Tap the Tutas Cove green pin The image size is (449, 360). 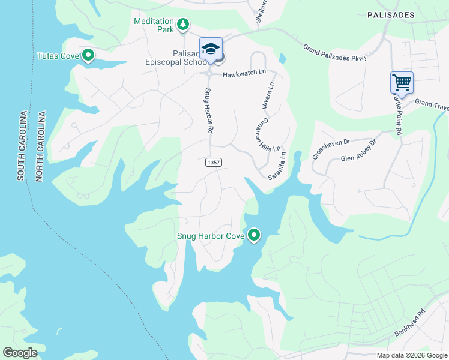pyautogui.click(x=88, y=56)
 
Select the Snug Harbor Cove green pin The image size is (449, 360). pyautogui.click(x=254, y=235)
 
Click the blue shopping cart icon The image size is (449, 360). pyautogui.click(x=402, y=82)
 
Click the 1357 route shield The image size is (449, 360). pyautogui.click(x=214, y=163)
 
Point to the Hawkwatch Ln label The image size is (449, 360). pyautogui.click(x=244, y=73)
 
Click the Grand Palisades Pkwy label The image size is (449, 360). pyautogui.click(x=334, y=52)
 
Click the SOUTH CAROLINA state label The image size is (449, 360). pyautogui.click(x=21, y=146)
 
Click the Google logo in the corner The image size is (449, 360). pyautogui.click(x=20, y=352)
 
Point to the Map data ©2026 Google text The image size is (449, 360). pyautogui.click(x=411, y=355)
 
